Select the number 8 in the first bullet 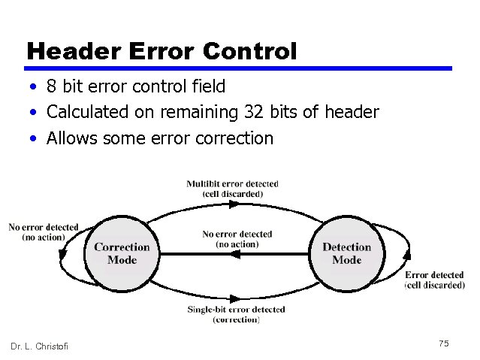(x=52, y=86)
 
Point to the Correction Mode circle (x=122, y=253)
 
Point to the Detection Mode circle (x=346, y=253)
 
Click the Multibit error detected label (x=232, y=189)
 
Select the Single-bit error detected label (x=236, y=314)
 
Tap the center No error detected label (x=237, y=239)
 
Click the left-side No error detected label (x=43, y=232)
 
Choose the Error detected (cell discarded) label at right (x=434, y=280)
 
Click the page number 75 (x=443, y=343)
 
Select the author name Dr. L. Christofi (x=39, y=346)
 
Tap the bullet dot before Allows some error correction (x=35, y=138)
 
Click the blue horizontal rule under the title (x=239, y=68)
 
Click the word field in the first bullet (x=208, y=86)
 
